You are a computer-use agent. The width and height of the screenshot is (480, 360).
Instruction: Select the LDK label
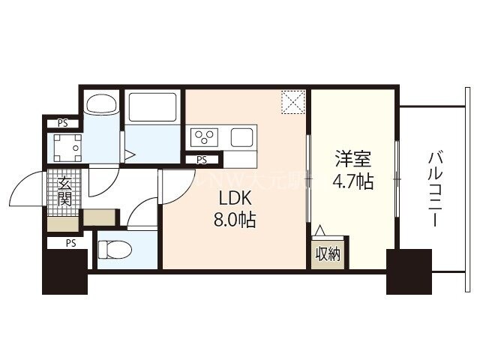pyautogui.click(x=232, y=199)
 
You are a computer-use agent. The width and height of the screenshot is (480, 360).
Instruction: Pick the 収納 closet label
pyautogui.click(x=327, y=254)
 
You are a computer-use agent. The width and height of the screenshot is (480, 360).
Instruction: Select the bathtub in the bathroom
pyautogui.click(x=153, y=107)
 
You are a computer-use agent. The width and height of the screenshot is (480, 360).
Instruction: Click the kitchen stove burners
pyautogui.click(x=204, y=137)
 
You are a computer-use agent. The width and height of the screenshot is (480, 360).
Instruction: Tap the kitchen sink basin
pyautogui.click(x=241, y=137)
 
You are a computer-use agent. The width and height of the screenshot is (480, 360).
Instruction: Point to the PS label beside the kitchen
pyautogui.click(x=202, y=160)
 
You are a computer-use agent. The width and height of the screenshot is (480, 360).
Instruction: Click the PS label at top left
pyautogui.click(x=63, y=124)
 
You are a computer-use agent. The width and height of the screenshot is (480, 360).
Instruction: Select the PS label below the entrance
pyautogui.click(x=70, y=242)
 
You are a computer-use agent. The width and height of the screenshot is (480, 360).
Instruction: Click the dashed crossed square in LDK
pyautogui.click(x=292, y=102)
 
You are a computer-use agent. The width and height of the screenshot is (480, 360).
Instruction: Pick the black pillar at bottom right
pyautogui.click(x=409, y=271)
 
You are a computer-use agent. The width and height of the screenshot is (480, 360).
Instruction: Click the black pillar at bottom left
pyautogui.click(x=64, y=272)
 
